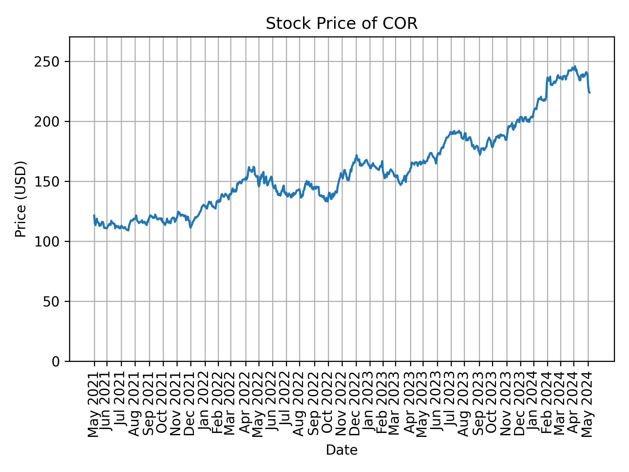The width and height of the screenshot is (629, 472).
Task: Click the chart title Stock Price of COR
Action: coord(341,24)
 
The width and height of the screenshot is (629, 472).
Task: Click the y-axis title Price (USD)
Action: coord(21,199)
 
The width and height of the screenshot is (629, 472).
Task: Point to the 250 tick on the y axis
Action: coord(49,62)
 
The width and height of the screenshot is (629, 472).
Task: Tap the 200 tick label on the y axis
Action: coord(49,122)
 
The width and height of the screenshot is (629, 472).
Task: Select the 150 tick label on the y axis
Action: coord(49,182)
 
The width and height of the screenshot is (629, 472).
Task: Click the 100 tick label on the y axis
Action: coord(49,242)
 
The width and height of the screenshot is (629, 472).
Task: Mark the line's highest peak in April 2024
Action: coord(575,66)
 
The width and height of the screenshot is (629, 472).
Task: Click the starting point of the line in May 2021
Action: coord(94,215)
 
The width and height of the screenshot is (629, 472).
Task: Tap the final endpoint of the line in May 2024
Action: coord(590,93)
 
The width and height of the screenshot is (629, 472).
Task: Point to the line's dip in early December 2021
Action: coord(191,228)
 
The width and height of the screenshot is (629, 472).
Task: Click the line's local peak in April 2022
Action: coord(249,167)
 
